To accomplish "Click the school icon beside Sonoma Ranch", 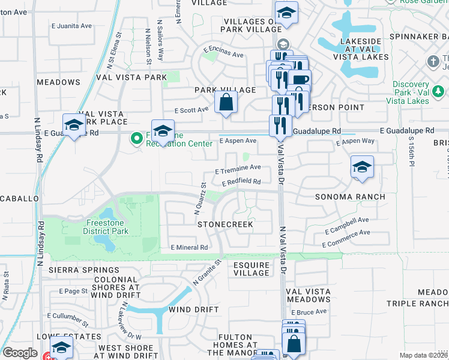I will [362, 167].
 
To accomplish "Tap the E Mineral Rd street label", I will [189, 247].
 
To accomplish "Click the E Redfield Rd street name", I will [241, 182].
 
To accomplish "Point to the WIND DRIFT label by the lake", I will [188, 310].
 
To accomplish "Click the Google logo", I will [20, 353].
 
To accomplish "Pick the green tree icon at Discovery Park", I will [438, 91].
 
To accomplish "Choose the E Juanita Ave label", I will [71, 26].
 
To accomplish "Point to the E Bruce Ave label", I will [309, 312].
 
